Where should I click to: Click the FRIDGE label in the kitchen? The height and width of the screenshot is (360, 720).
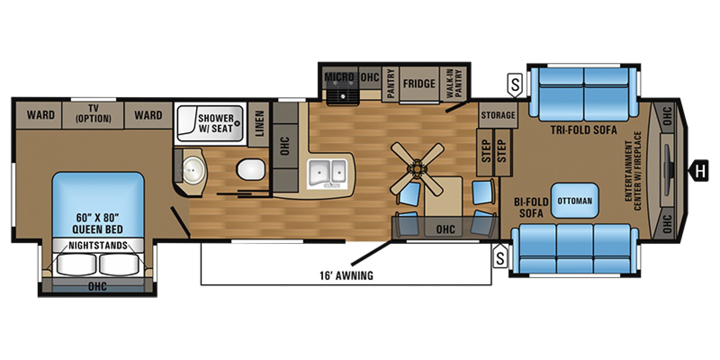(419, 84)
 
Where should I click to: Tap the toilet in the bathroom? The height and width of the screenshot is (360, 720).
(251, 170)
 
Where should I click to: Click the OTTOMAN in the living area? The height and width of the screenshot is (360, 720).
(575, 201)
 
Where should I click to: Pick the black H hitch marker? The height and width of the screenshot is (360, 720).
(700, 171)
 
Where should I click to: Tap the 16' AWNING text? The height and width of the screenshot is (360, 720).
(346, 275)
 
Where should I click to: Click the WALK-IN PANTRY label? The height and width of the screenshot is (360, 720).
(454, 83)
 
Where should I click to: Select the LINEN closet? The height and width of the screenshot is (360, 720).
(259, 124)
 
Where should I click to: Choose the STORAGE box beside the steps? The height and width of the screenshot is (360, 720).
(498, 115)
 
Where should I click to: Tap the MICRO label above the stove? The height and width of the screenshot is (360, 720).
(339, 77)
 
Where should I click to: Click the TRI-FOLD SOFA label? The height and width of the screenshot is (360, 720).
(583, 130)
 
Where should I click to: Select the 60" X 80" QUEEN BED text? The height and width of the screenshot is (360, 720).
(98, 223)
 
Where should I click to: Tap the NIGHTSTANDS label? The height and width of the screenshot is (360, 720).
(98, 246)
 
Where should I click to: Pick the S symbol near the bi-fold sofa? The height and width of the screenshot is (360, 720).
(500, 258)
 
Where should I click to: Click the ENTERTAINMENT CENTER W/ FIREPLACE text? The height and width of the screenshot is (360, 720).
(632, 171)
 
